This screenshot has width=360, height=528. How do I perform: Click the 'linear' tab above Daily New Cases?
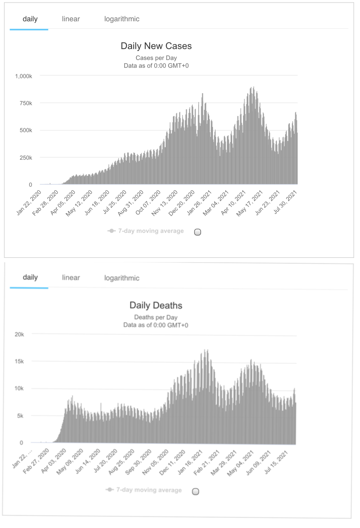pos(71,19)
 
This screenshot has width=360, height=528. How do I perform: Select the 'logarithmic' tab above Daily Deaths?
pos(122,278)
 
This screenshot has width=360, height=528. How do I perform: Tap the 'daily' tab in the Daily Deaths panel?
pos(30,277)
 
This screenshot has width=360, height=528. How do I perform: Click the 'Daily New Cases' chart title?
pos(156,46)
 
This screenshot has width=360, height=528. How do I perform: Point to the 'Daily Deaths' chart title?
pos(156,305)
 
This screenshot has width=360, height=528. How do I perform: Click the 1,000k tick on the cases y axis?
pos(23,76)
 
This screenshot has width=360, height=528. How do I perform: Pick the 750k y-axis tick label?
pos(26,103)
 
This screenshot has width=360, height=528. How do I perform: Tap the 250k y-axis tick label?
pos(26,158)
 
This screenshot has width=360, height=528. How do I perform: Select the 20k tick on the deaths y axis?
pos(19,334)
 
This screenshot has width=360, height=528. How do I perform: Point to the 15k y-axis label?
pos(19,361)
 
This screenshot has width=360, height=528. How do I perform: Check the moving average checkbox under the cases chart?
pos(197,232)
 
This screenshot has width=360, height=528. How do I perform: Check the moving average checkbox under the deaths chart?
pos(196,491)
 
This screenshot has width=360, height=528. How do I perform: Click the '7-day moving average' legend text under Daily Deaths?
pos(149,490)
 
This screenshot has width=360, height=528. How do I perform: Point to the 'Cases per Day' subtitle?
pos(156,58)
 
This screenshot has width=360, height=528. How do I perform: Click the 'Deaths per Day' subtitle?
pos(156,317)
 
